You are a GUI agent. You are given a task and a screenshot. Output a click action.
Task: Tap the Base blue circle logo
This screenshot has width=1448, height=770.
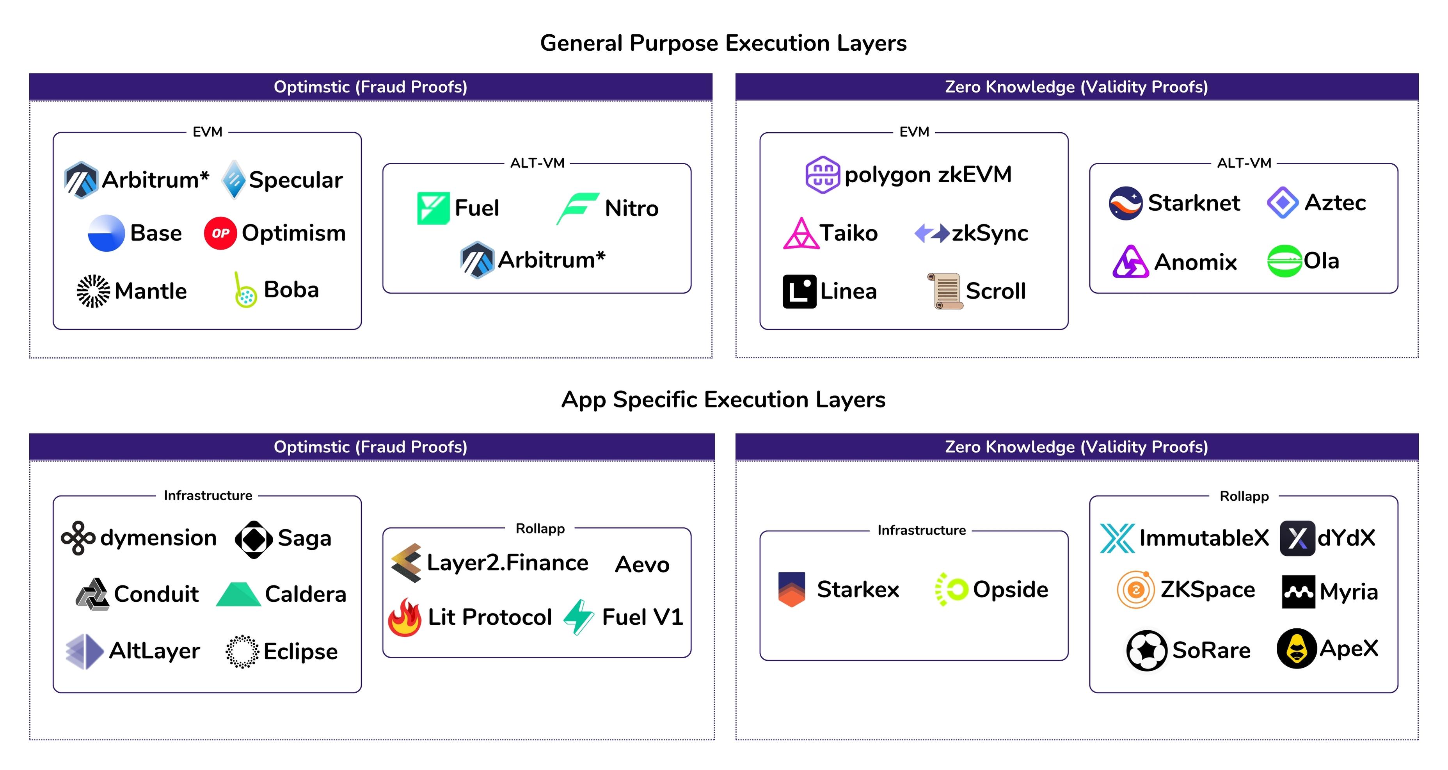pos(106,233)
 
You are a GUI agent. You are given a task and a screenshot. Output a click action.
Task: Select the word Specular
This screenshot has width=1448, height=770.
pos(296,180)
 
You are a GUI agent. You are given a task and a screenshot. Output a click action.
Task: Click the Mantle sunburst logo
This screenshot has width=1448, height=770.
pos(93,291)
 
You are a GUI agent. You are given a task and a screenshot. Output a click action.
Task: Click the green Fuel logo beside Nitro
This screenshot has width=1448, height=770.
pos(433,208)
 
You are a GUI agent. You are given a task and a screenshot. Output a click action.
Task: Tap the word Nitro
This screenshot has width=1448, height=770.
pos(631,208)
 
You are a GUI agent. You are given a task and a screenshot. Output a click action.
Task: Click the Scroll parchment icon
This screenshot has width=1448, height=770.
pos(945,291)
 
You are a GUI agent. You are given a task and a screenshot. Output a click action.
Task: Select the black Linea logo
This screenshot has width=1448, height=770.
pos(799,291)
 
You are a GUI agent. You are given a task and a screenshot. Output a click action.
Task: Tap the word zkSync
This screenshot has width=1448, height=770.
pos(990,233)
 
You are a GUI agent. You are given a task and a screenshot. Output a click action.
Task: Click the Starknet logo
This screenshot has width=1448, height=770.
pos(1125,203)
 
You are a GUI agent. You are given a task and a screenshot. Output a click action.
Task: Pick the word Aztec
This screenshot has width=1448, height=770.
pos(1335,202)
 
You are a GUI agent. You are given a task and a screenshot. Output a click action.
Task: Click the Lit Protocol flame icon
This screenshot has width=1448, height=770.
pos(405,617)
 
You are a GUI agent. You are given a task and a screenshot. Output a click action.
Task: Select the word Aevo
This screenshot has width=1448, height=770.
pos(642,564)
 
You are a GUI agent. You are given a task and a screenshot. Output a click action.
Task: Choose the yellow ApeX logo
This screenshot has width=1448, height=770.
pos(1296,649)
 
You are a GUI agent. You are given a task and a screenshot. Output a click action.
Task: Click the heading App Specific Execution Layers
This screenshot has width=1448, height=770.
pos(723,400)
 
